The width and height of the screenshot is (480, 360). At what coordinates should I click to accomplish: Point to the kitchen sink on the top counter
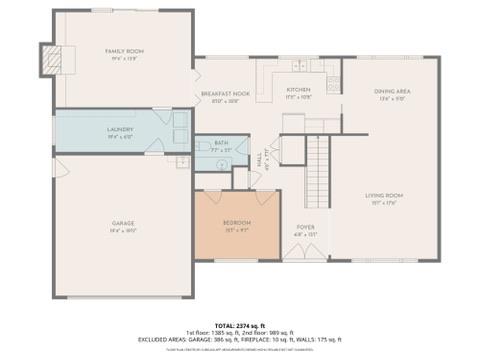coord(298,67)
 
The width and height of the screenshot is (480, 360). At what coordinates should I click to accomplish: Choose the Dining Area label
coord(392,92)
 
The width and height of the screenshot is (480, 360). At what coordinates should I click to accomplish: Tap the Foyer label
coord(306,228)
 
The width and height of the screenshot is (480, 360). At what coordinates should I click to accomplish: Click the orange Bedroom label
coord(237,222)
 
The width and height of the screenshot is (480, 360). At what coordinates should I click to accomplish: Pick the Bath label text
coord(220,144)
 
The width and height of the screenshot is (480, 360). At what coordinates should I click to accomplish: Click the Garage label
coord(123,222)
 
